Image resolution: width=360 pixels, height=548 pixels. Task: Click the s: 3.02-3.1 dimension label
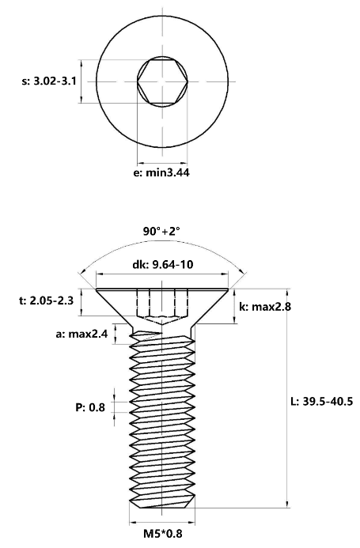click(49, 81)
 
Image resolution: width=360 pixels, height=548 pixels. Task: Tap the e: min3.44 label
click(161, 172)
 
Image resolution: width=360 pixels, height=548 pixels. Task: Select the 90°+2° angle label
click(161, 231)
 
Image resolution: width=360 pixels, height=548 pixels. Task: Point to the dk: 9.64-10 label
click(162, 265)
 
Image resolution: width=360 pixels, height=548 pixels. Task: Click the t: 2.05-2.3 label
click(46, 300)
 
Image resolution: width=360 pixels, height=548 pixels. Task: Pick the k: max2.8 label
click(265, 307)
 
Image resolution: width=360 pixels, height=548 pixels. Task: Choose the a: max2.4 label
click(81, 334)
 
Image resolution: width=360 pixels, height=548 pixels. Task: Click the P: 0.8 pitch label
click(90, 407)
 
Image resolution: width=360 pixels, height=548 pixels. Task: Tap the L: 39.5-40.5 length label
click(322, 401)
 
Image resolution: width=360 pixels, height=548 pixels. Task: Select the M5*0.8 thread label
click(163, 534)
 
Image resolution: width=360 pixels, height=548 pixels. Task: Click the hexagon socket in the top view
click(162, 81)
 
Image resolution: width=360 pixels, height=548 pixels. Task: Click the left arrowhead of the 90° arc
click(81, 273)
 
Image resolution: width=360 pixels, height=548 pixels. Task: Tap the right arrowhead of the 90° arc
click(242, 271)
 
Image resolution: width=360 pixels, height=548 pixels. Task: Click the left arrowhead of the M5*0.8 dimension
click(133, 523)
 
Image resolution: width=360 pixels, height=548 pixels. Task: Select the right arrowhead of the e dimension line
click(184, 163)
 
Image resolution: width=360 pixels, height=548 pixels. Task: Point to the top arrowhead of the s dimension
click(81, 63)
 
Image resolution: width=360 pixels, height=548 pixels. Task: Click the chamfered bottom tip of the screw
click(162, 505)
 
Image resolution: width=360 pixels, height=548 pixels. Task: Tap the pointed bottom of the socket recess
click(162, 324)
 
